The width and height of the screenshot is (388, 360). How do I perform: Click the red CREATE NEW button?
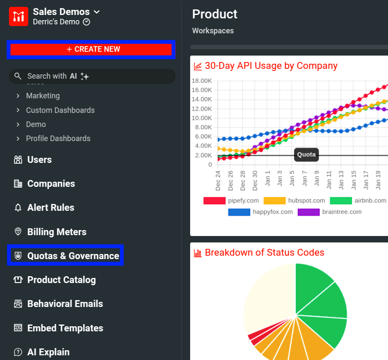click(x=91, y=50)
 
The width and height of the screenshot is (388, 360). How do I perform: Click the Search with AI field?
click(x=92, y=76)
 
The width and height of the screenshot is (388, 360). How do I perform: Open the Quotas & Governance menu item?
click(x=73, y=256)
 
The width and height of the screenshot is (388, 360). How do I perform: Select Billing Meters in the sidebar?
click(x=56, y=232)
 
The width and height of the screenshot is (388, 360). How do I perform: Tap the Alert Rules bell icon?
click(x=18, y=208)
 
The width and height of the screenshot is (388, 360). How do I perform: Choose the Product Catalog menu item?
click(x=61, y=280)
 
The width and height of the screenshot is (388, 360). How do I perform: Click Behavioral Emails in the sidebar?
click(x=65, y=304)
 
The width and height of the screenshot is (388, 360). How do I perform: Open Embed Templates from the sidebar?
click(x=65, y=328)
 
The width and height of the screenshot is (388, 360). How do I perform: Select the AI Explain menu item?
click(x=48, y=352)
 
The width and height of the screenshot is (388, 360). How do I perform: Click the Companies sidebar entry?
click(x=51, y=184)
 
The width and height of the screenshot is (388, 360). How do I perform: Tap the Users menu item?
click(x=39, y=160)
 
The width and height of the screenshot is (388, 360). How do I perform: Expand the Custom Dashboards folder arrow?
click(x=18, y=110)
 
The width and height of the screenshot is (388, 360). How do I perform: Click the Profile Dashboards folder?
click(x=58, y=139)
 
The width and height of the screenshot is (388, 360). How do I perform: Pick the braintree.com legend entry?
click(x=341, y=212)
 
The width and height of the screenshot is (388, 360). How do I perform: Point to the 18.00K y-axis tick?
click(x=202, y=81)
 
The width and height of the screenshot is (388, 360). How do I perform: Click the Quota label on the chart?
click(x=306, y=155)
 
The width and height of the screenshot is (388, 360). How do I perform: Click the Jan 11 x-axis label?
click(x=329, y=180)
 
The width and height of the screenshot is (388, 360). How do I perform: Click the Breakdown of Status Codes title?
click(x=264, y=253)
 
